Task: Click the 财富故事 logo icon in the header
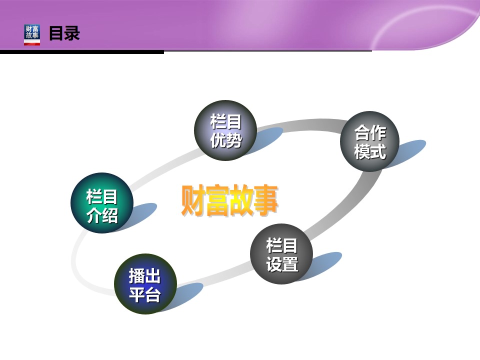point(32,35)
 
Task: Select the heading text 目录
point(64,33)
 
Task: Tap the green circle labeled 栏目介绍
point(102,203)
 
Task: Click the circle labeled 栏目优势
point(225,130)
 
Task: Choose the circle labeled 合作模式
point(370,141)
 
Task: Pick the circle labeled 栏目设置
point(281,254)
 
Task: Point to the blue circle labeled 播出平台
point(145,284)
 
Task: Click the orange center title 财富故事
point(229,200)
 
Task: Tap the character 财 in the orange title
point(193,200)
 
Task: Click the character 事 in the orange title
point(266,200)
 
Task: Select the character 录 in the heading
point(72,33)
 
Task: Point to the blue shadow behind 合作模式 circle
point(408,151)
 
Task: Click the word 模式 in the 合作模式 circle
point(370,151)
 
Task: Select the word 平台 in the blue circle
point(145,294)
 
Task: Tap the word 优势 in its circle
point(226,140)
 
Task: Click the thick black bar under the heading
point(82,52)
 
